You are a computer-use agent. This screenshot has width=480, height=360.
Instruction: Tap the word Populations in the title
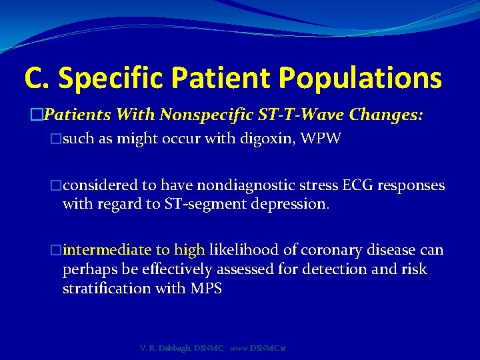pyautogui.click(x=360, y=77)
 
